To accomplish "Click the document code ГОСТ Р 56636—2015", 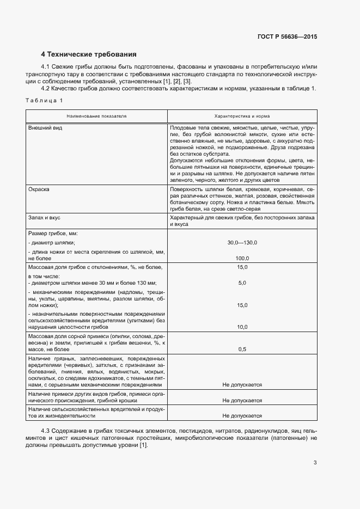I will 287,37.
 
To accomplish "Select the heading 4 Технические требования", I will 89,54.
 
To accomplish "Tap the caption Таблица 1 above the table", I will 44,100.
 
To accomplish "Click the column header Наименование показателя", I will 97,116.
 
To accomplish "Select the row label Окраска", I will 39,189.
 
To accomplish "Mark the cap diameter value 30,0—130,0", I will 242,243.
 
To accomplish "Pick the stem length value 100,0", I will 242,258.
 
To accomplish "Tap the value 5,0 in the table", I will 242,283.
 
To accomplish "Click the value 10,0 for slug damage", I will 242,327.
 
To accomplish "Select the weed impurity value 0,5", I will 242,349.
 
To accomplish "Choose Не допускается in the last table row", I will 242,415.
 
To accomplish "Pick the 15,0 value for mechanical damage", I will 242,305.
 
